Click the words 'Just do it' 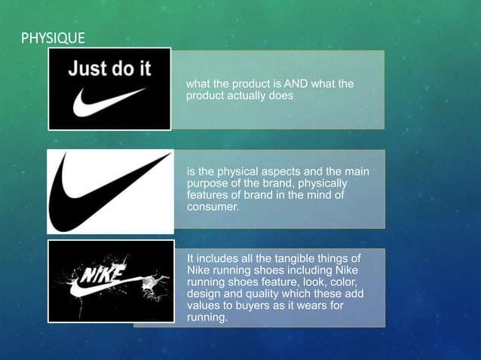110,69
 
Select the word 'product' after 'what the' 257,84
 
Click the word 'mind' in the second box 315,195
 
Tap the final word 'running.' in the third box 206,319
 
